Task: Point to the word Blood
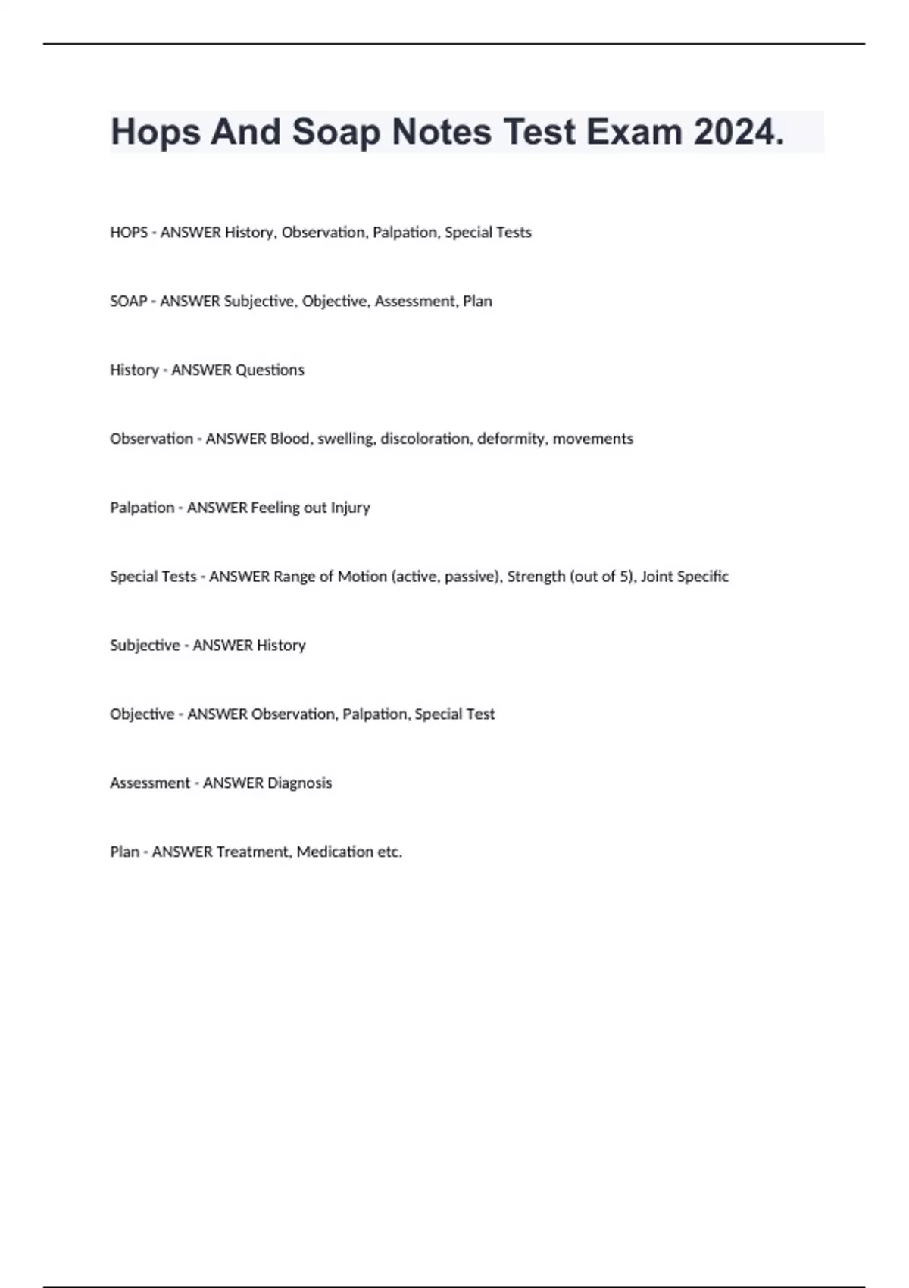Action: pyautogui.click(x=289, y=439)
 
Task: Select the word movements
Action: pyautogui.click(x=592, y=439)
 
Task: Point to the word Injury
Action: pyautogui.click(x=350, y=508)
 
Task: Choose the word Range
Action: pyautogui.click(x=293, y=577)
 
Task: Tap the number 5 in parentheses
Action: pyautogui.click(x=625, y=577)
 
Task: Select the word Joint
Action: pyautogui.click(x=657, y=577)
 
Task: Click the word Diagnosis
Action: pyautogui.click(x=299, y=783)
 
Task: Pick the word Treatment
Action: pyautogui.click(x=252, y=852)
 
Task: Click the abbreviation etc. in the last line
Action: pyautogui.click(x=389, y=852)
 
